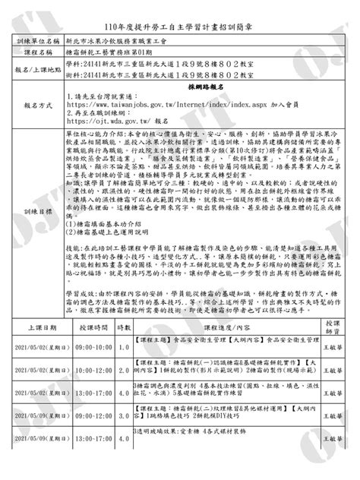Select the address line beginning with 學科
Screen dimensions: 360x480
click(x=168, y=67)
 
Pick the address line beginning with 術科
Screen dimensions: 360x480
click(x=168, y=78)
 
